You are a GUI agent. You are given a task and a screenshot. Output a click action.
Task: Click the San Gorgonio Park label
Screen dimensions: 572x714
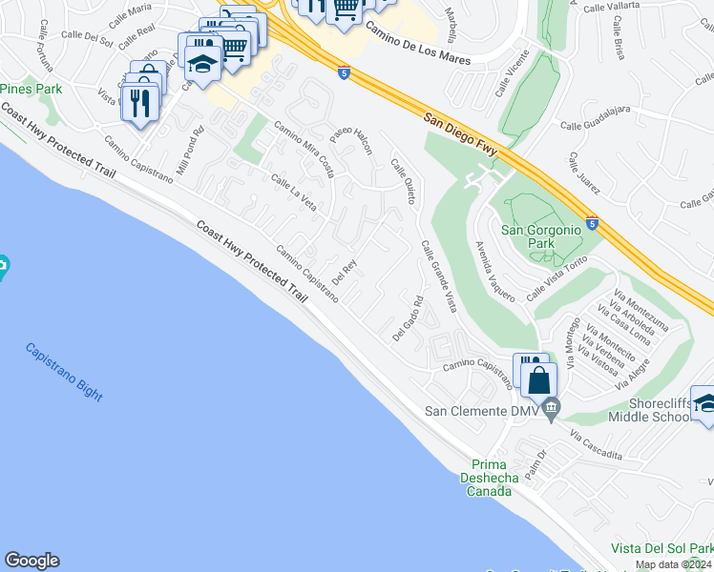click(x=540, y=236)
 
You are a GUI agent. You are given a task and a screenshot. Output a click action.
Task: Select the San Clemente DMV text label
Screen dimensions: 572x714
click(x=480, y=412)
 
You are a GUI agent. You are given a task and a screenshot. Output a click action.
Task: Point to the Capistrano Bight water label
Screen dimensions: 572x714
click(x=64, y=372)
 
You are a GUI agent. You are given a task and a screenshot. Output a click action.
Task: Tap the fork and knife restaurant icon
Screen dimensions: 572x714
click(x=140, y=103)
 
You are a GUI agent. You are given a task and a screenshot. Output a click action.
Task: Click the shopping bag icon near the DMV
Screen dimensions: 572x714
click(x=538, y=379)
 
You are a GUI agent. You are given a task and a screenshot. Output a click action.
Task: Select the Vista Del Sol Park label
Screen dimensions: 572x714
click(x=661, y=549)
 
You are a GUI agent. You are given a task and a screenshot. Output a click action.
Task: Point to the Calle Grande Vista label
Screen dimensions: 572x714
click(x=438, y=276)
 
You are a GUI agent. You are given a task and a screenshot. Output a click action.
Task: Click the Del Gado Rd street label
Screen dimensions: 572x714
click(x=408, y=319)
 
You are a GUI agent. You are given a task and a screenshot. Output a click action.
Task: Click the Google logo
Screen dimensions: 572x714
click(x=31, y=561)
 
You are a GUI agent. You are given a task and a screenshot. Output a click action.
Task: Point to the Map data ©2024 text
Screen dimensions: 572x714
click(x=672, y=564)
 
